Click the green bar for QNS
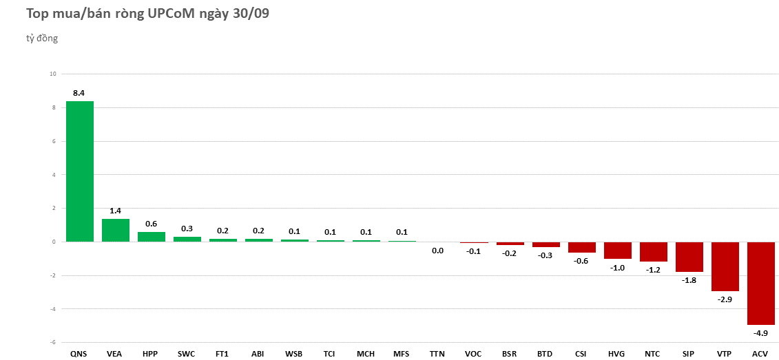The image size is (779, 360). pyautogui.click(x=80, y=171)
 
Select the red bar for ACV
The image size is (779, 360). pyautogui.click(x=760, y=283)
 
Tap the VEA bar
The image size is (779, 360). pyautogui.click(x=116, y=230)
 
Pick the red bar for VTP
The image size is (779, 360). pyautogui.click(x=725, y=266)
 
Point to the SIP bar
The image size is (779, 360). pyautogui.click(x=689, y=257)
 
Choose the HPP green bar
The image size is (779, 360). pyautogui.click(x=152, y=237)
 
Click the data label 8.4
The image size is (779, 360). pyautogui.click(x=79, y=93)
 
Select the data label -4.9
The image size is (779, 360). pyautogui.click(x=760, y=333)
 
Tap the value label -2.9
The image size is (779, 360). pyautogui.click(x=725, y=300)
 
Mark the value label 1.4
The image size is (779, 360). pyautogui.click(x=115, y=211)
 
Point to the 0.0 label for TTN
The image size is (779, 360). pyautogui.click(x=437, y=251)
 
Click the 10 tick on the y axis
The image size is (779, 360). pyautogui.click(x=53, y=74)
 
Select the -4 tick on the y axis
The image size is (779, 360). pyautogui.click(x=53, y=309)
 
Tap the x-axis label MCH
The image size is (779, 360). pyautogui.click(x=366, y=354)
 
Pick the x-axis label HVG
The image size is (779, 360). pyautogui.click(x=616, y=354)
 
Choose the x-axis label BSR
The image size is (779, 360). pyautogui.click(x=509, y=354)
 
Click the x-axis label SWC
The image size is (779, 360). pyautogui.click(x=186, y=354)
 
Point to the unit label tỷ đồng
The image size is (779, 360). pyautogui.click(x=42, y=39)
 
